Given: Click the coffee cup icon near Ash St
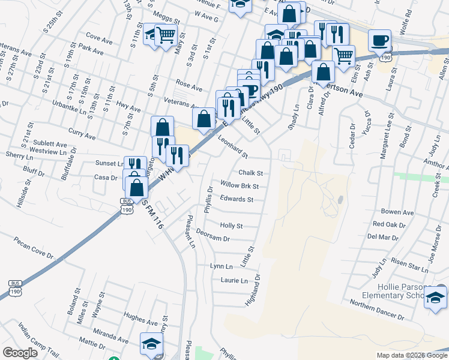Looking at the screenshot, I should pyautogui.click(x=379, y=41).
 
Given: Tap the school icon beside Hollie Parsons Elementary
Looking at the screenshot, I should pyautogui.click(x=435, y=297).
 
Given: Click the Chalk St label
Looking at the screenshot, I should pyautogui.click(x=251, y=173).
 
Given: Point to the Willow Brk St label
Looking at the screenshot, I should pyautogui.click(x=240, y=186).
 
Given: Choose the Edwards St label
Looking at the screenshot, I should pyautogui.click(x=237, y=199).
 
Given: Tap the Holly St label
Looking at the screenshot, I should pyautogui.click(x=231, y=226).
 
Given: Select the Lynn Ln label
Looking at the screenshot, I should pyautogui.click(x=221, y=266).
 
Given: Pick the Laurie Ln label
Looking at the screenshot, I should pyautogui.click(x=234, y=280).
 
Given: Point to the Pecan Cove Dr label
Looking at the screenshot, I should pyautogui.click(x=34, y=252).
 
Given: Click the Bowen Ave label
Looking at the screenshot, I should pyautogui.click(x=397, y=212).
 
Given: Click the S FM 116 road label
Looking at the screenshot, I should pyautogui.click(x=153, y=212).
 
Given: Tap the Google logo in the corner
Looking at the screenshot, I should pyautogui.click(x=20, y=352).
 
